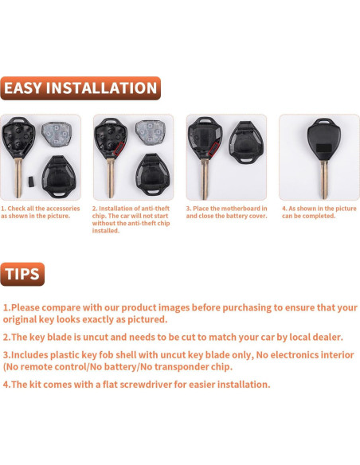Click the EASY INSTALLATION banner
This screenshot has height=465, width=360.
click(x=80, y=88)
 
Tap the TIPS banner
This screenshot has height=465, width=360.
click(x=22, y=274)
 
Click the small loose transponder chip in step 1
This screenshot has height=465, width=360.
click(x=30, y=181)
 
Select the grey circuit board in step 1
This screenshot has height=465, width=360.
click(x=57, y=135)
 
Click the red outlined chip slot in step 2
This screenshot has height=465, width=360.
click(x=119, y=149)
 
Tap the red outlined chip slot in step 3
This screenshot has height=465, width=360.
click(x=213, y=149)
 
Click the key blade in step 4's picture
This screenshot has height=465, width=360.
click(x=324, y=180)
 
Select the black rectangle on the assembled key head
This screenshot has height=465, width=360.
click(x=323, y=147)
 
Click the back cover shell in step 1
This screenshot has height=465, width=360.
click(x=59, y=177)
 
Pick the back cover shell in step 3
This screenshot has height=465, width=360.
click(x=246, y=143)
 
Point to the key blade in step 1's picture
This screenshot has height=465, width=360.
click(x=18, y=178)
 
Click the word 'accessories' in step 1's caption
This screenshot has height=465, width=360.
click(x=62, y=209)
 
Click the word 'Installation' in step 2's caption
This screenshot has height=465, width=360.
click(x=115, y=209)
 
